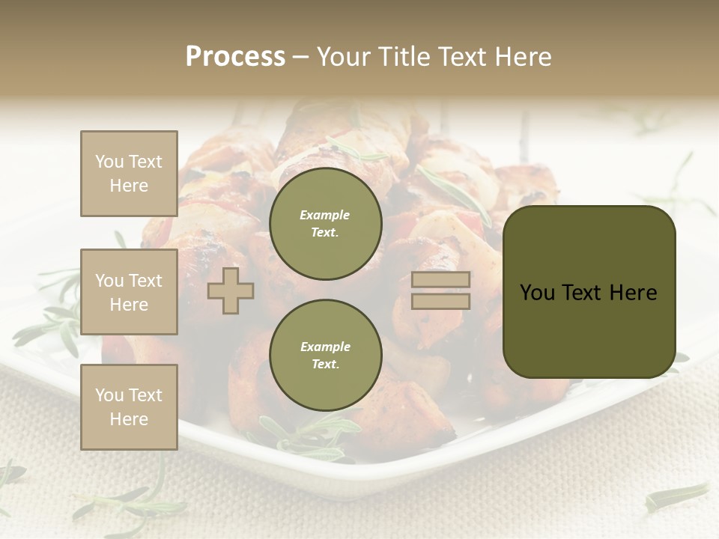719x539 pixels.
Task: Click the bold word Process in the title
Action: [235, 57]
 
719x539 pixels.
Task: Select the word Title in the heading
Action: [404, 57]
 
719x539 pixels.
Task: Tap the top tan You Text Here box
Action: [129, 174]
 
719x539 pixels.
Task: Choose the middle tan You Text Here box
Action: [129, 292]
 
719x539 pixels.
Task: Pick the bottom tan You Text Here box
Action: [129, 407]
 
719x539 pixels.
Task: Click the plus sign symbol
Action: [231, 292]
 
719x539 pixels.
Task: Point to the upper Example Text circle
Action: [326, 223]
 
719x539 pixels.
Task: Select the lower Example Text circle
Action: [326, 355]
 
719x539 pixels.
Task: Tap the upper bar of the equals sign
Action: [441, 280]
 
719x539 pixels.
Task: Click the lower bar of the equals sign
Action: [441, 301]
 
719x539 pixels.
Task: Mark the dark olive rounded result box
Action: [589, 291]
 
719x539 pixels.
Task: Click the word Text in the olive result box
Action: [590, 293]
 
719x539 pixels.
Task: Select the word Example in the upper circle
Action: [325, 215]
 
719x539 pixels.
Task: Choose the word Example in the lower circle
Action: [325, 347]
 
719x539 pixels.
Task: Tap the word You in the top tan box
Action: [109, 162]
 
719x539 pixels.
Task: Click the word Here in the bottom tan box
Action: [129, 419]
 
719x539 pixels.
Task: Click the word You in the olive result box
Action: [538, 293]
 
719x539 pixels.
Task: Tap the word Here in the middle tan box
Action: [129, 305]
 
